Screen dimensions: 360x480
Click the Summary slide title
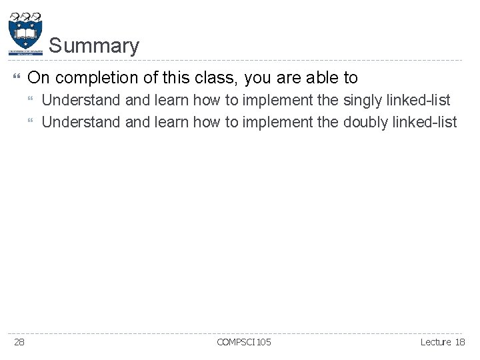pos(94,46)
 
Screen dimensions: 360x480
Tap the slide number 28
pos(19,342)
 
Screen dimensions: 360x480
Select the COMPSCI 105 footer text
pos(244,342)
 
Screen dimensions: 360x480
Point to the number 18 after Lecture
pos(460,342)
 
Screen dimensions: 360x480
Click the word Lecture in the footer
pos(436,342)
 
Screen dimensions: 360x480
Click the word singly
pos(363,100)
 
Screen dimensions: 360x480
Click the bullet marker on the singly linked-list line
pos(33,101)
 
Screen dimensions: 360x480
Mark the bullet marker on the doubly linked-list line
pos(33,123)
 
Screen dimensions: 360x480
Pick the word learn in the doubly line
pos(172,122)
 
